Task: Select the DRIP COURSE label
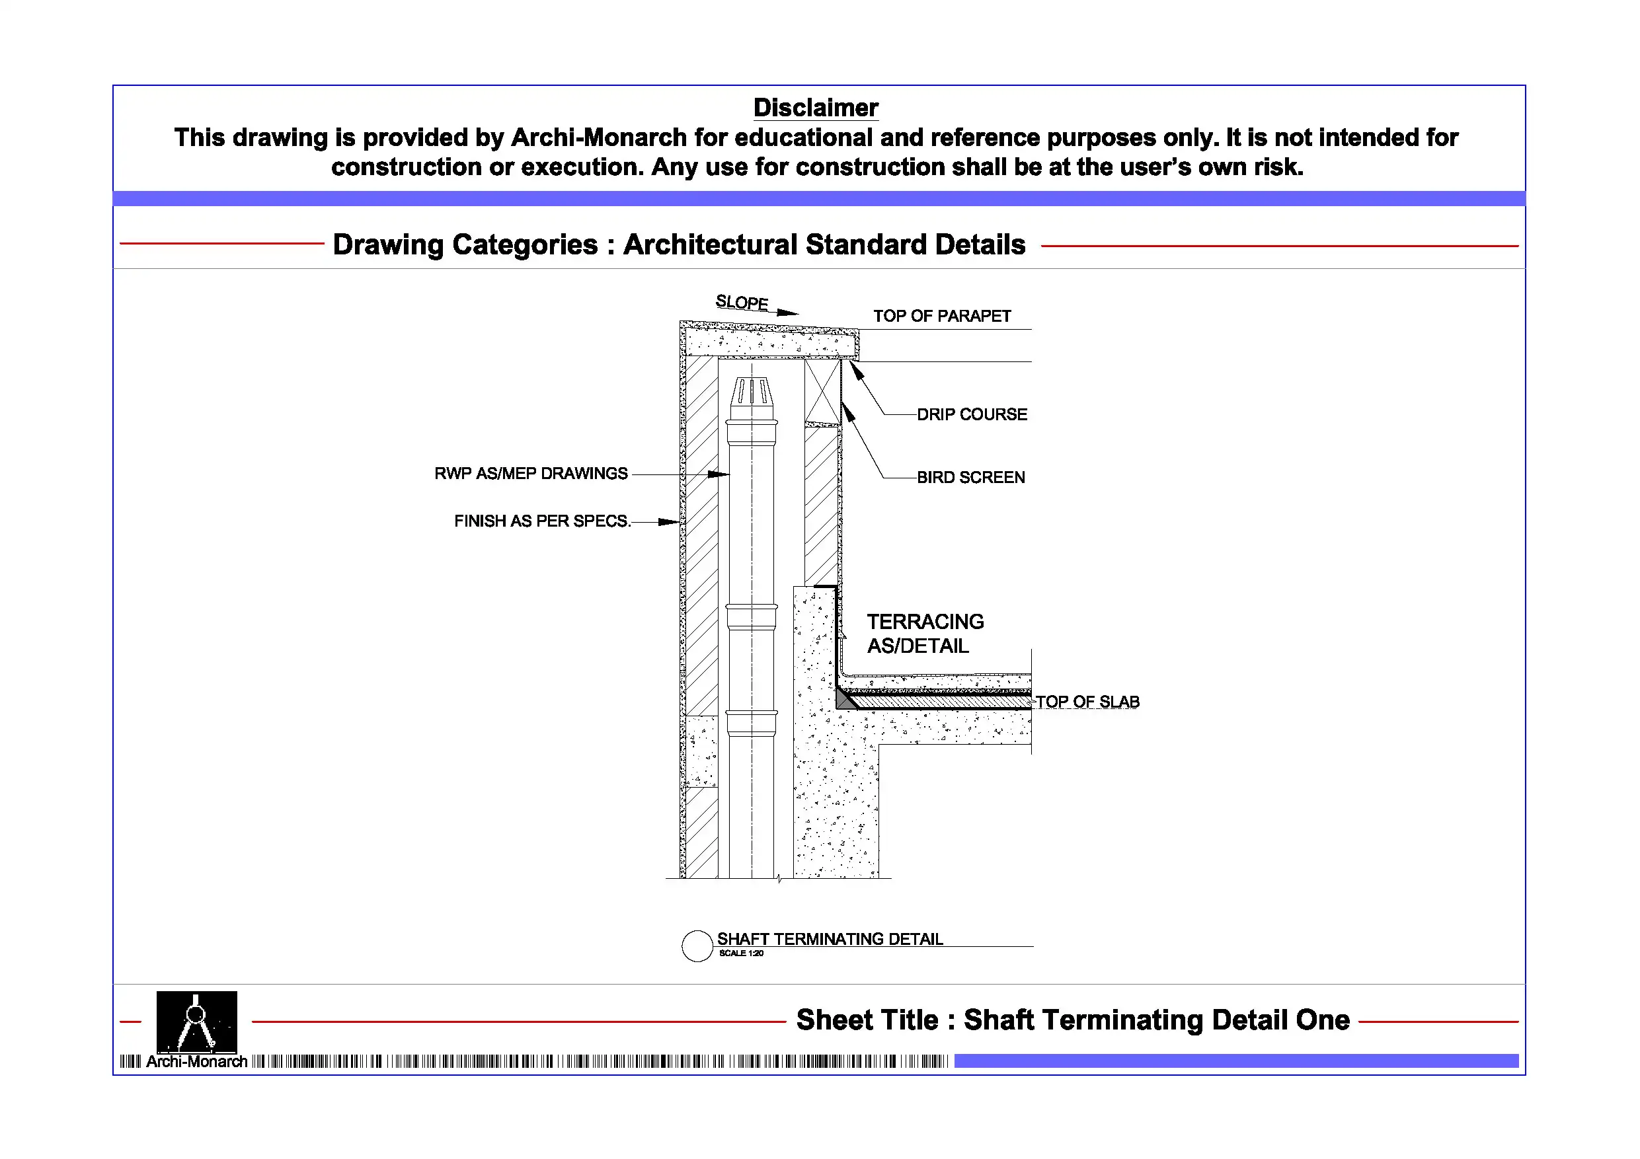click(x=972, y=414)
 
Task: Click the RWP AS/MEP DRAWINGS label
click(x=531, y=474)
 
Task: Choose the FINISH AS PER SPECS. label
click(x=542, y=521)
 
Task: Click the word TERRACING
click(x=925, y=622)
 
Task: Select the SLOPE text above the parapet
click(x=742, y=303)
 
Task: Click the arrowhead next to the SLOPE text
click(x=788, y=312)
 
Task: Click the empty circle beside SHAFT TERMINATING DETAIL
click(x=697, y=946)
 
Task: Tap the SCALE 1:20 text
click(x=741, y=953)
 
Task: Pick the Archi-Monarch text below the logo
click(x=196, y=1062)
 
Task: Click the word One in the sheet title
click(x=1323, y=1020)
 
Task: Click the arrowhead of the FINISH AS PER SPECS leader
click(x=670, y=522)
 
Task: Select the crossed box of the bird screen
click(x=822, y=391)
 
